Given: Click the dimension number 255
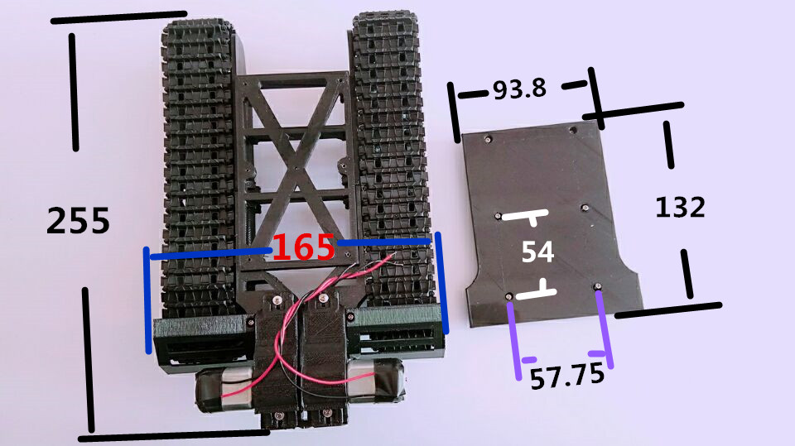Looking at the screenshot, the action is click(x=78, y=220).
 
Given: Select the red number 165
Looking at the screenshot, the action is click(x=304, y=247).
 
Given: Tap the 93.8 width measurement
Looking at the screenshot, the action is click(x=520, y=89).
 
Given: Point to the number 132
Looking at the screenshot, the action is click(x=680, y=208).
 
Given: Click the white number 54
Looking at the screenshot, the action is click(x=538, y=252).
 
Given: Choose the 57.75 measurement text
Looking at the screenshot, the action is click(x=567, y=376).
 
